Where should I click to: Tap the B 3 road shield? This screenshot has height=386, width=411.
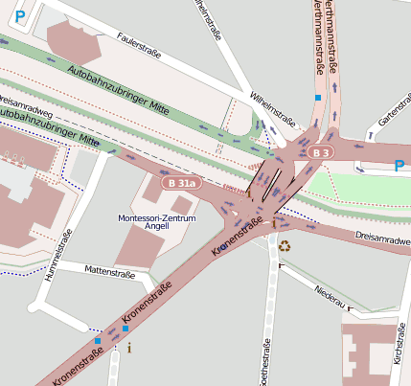point(324,152)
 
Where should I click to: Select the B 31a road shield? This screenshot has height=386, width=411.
point(180,183)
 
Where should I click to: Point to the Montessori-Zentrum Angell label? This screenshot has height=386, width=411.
point(156,224)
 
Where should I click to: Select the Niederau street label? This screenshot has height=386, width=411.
point(327,296)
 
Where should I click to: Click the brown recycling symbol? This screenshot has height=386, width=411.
point(284,245)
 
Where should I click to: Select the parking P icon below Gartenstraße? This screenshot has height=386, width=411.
point(399,166)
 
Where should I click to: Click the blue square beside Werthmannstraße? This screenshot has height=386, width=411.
point(318,97)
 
